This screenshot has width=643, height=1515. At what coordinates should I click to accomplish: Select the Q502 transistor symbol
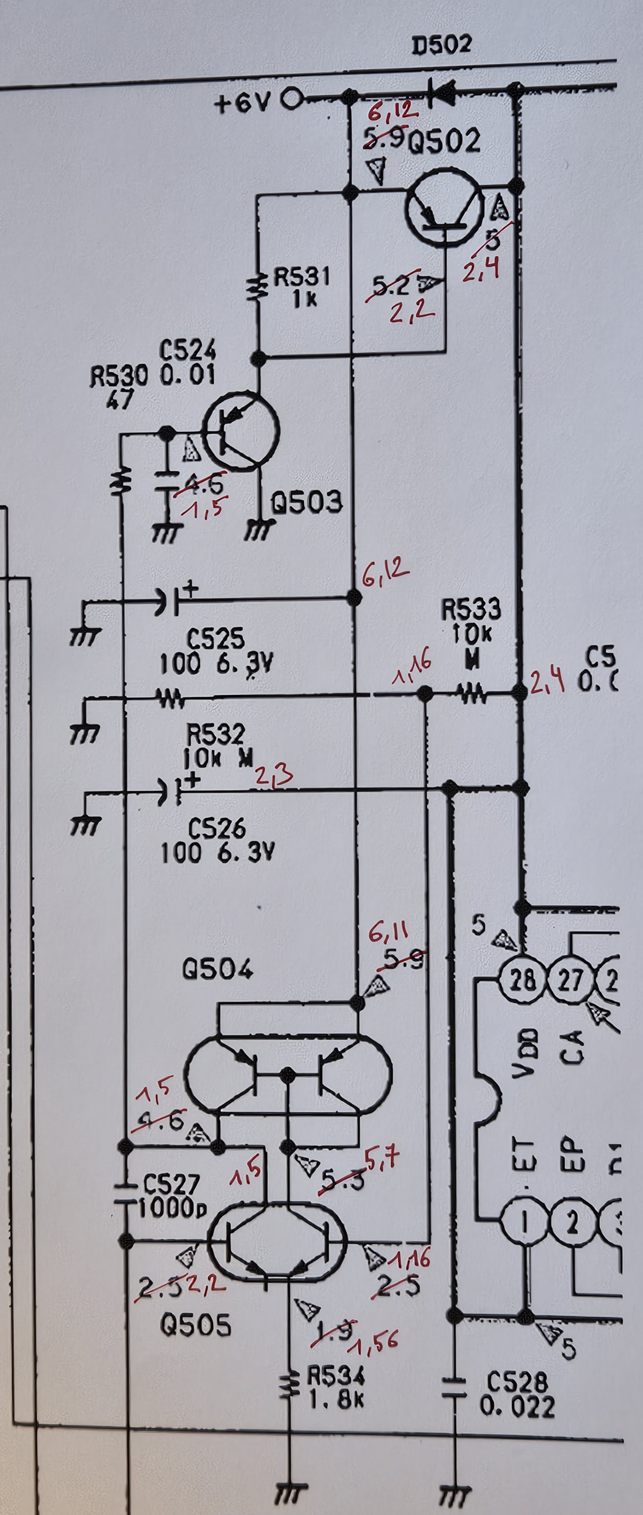(443, 206)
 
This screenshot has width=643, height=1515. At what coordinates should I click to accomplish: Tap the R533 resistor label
(471, 610)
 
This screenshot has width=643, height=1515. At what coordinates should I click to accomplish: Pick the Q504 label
(218, 970)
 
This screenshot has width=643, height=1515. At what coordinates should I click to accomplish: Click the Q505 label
(196, 1309)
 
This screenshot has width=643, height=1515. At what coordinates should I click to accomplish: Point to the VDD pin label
(525, 1053)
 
